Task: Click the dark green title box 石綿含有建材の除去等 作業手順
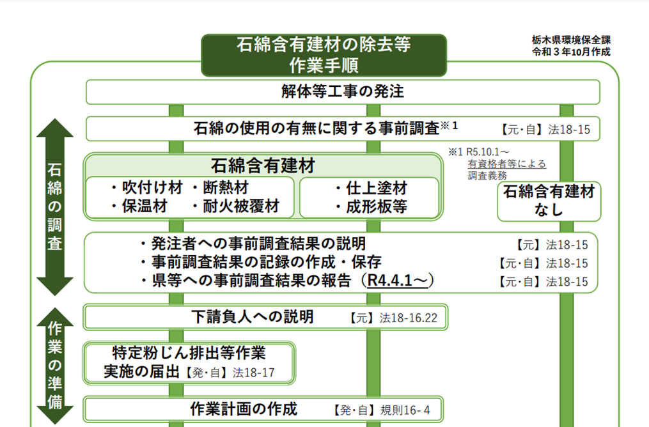tap(324, 55)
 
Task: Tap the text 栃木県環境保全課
tap(571, 40)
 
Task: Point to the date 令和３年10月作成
tap(571, 52)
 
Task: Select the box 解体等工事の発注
tap(343, 92)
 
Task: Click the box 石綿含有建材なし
tap(549, 201)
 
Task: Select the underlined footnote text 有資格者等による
tap(507, 164)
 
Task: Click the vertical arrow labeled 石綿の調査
tap(55, 207)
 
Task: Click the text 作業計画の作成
tap(244, 408)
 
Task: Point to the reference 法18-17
tap(253, 373)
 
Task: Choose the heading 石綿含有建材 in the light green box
tap(263, 166)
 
